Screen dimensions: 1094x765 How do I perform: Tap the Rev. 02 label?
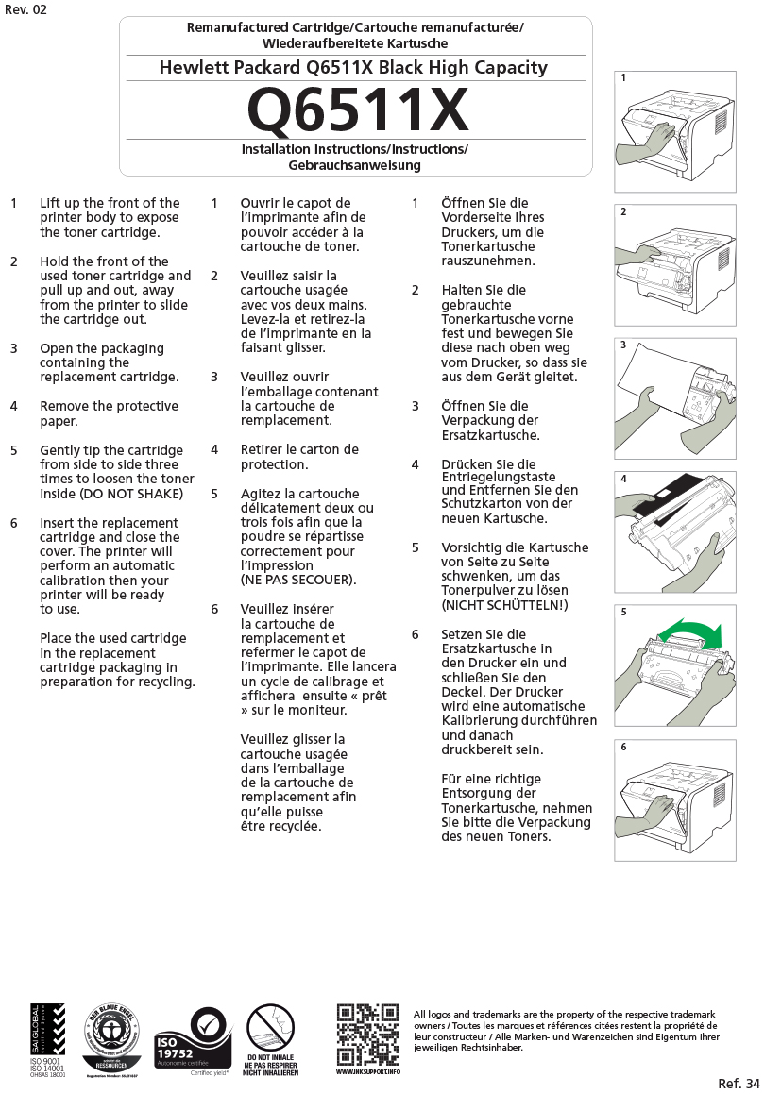coord(25,9)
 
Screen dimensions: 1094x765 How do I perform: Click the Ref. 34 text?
coord(738,1083)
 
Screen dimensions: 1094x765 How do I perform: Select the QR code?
coord(367,1034)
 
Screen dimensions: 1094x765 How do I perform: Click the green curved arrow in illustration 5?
coord(690,631)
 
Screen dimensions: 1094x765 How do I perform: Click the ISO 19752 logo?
coord(193,1037)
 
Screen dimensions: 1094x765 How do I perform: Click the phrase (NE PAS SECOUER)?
coord(297,580)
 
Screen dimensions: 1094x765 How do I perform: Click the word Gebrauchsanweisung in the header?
coord(354,165)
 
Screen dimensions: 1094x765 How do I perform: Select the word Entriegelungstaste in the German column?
coord(498,478)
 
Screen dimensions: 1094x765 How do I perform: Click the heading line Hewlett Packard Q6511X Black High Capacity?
coord(353,68)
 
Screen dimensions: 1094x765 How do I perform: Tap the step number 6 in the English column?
coord(14,523)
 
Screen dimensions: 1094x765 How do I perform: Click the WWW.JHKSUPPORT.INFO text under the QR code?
coord(368,1072)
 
